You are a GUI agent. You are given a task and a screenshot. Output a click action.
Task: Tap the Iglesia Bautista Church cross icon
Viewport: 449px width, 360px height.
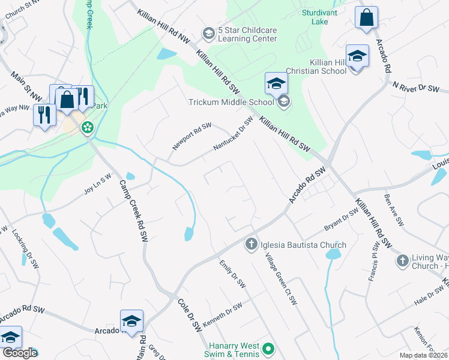click(251, 244)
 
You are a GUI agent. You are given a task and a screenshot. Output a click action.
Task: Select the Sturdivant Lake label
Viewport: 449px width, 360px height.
click(320, 17)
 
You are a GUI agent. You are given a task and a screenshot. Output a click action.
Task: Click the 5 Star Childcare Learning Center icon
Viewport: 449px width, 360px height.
click(208, 33)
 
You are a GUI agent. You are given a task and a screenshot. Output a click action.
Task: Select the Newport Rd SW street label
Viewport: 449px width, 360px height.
click(192, 137)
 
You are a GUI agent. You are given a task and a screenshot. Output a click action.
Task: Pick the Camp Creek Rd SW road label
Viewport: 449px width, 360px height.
click(134, 207)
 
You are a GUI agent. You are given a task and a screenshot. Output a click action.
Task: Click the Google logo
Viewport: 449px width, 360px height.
click(19, 353)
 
